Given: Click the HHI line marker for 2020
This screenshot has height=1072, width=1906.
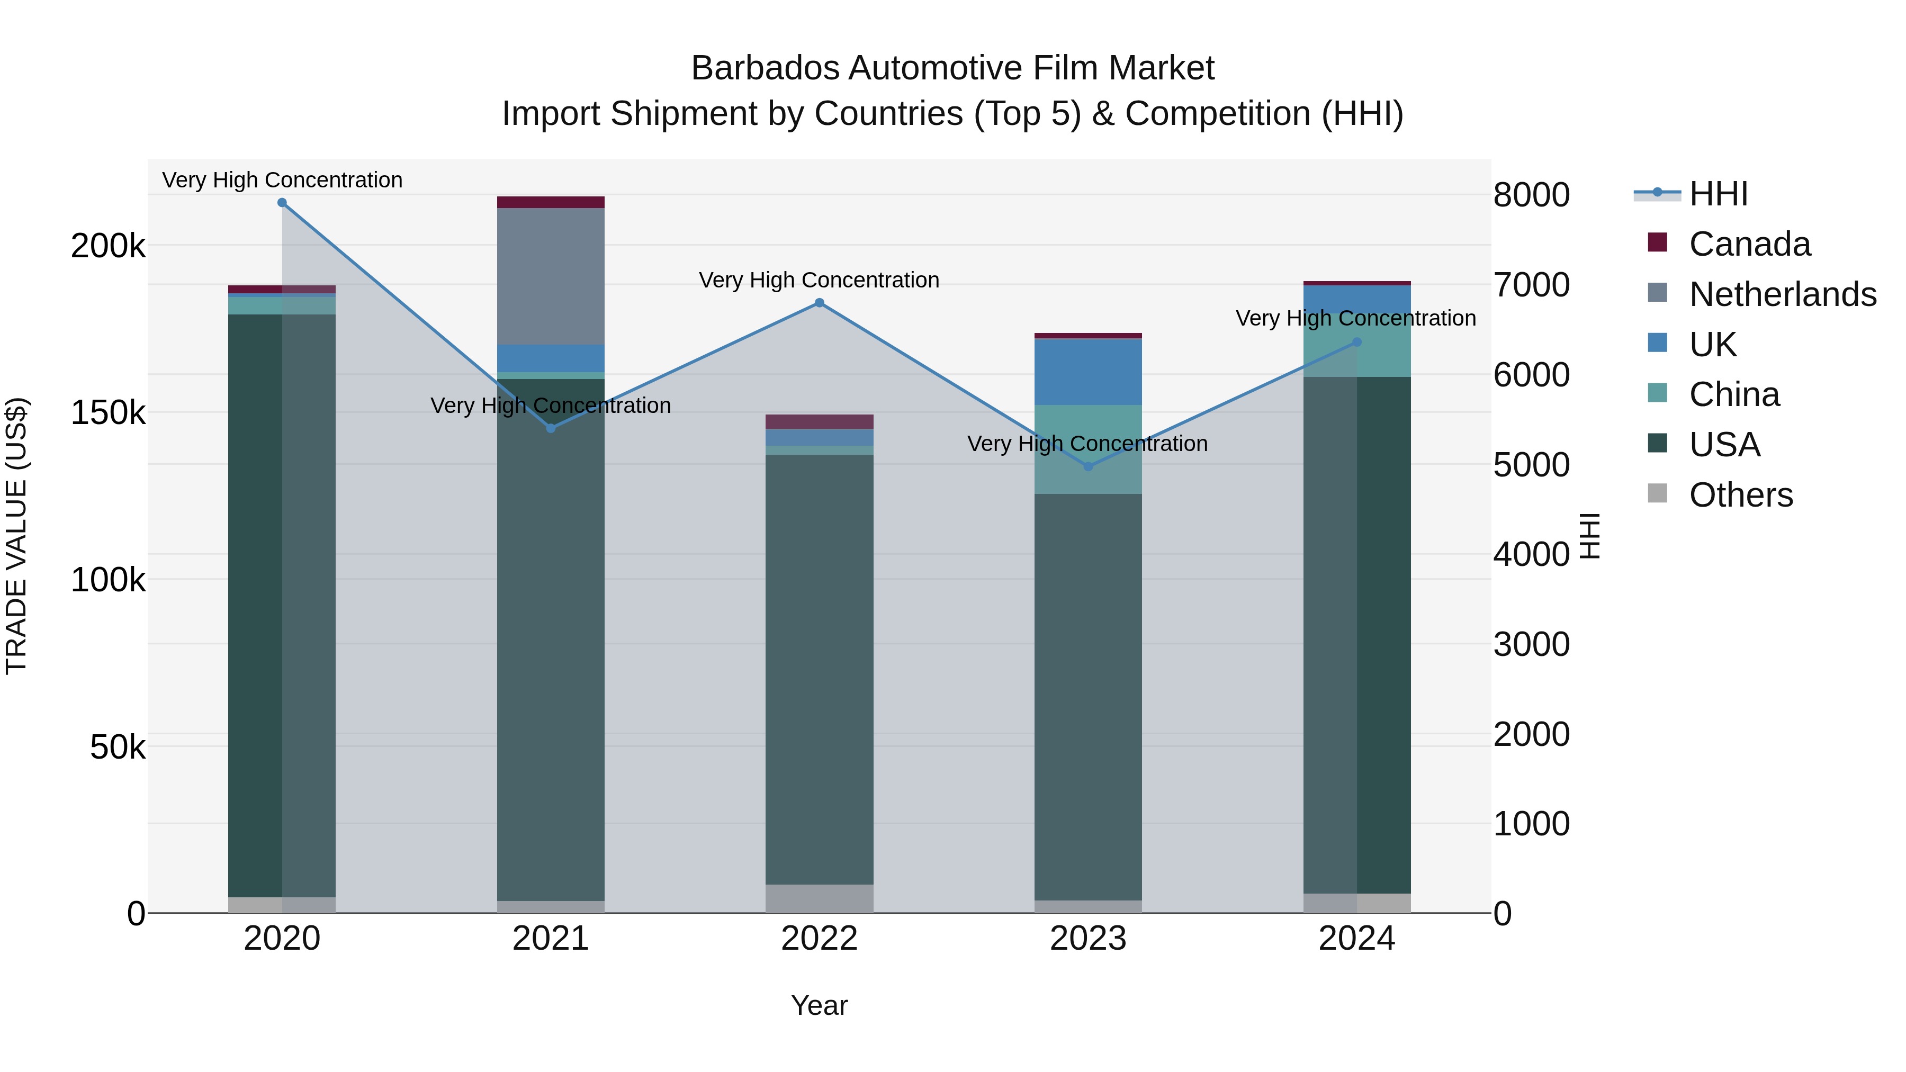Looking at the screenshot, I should coord(282,203).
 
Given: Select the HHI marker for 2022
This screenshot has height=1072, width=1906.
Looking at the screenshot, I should coord(819,303).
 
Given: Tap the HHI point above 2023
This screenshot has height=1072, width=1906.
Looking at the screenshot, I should coord(1087,467).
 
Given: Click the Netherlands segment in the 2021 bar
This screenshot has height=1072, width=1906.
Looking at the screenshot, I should coord(551,276).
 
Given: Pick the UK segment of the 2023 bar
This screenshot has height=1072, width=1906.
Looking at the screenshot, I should coord(1087,372).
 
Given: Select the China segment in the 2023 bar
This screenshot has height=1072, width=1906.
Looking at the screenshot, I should coord(1087,449).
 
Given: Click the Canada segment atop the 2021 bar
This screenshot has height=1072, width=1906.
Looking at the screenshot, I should coord(551,202).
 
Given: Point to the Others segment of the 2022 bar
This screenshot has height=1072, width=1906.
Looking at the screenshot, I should coord(819,898).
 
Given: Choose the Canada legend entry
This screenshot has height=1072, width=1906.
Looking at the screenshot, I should coord(1749,244).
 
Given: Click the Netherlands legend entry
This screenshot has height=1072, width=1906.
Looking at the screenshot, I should coord(1782,294).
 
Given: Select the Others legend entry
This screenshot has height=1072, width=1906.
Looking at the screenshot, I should coord(1740,495).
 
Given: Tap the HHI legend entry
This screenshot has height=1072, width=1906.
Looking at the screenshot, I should coord(1718,194).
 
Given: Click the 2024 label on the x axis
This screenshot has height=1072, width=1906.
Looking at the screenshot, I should coord(1356,939).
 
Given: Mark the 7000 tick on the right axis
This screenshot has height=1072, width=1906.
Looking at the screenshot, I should coord(1531,285).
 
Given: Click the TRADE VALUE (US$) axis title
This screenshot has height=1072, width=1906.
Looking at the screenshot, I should coord(16,536).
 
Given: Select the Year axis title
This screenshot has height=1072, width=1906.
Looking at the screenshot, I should coord(819,1005).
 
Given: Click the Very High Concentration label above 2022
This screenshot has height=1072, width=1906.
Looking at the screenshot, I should coord(819,281).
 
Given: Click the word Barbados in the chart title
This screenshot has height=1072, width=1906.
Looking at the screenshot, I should coord(766,68).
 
